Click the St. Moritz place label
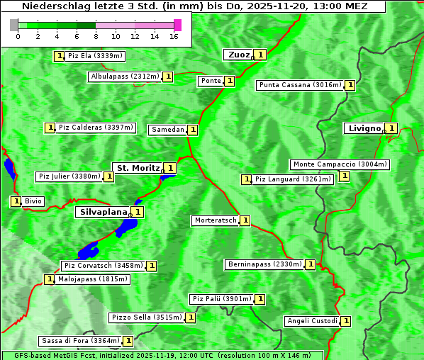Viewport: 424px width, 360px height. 138,168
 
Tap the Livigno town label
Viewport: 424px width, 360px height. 363,128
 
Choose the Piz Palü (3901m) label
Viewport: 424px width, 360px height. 221,299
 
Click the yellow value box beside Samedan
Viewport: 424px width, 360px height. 192,130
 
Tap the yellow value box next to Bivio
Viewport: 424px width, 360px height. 16,201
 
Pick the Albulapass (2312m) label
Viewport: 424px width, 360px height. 125,77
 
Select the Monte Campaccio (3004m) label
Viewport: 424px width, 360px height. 340,164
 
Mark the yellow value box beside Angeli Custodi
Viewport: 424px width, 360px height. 345,321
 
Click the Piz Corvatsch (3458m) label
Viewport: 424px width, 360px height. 103,266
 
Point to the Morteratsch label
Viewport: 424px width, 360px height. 215,220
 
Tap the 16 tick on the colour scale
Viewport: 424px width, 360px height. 174,36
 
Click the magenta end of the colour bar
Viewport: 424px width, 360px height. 177,25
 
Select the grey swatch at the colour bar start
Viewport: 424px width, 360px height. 14,25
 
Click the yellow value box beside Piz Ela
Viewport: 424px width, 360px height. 59,55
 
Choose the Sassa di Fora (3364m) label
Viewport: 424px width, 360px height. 79,341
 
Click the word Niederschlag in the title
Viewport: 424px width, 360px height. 50,6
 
